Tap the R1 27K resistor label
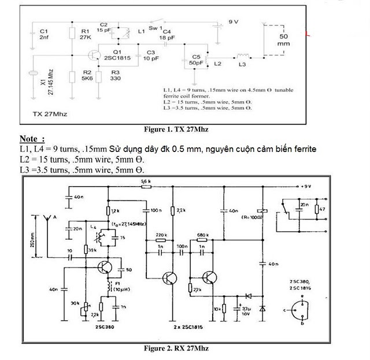(x=85, y=34)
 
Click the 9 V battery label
(x=234, y=21)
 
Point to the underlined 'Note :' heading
(x=32, y=139)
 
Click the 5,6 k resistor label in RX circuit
(x=146, y=181)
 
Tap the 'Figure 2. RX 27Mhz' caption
(x=176, y=349)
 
